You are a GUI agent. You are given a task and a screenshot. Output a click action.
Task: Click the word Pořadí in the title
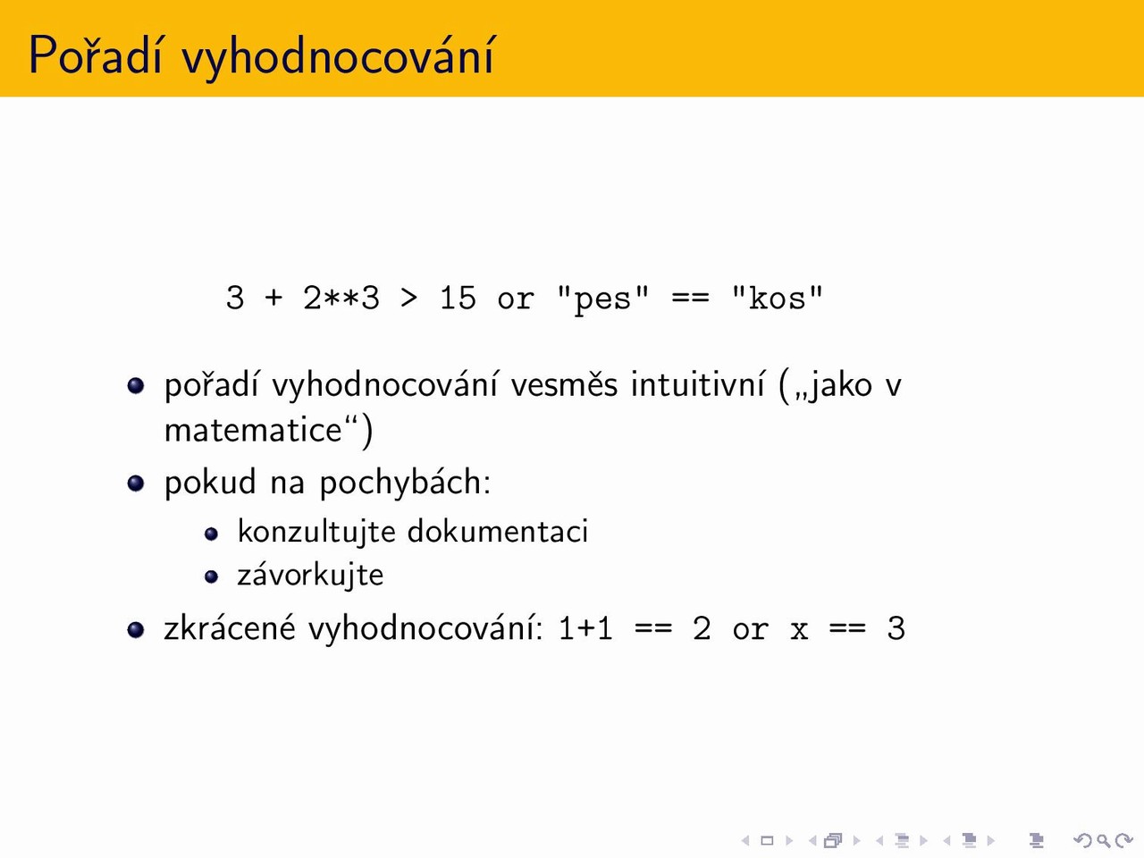click(96, 55)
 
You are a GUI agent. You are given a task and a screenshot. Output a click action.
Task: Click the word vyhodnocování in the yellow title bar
click(338, 58)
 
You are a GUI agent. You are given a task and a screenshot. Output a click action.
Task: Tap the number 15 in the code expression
click(458, 298)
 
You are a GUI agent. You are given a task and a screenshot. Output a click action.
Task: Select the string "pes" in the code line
click(602, 299)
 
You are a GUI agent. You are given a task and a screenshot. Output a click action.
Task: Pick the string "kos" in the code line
click(777, 298)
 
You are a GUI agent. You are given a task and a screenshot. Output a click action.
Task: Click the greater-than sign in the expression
click(409, 299)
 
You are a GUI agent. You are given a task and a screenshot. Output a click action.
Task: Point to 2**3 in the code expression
click(341, 298)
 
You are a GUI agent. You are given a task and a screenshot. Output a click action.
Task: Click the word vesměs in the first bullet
click(564, 385)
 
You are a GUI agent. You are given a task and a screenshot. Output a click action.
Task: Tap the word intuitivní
click(698, 384)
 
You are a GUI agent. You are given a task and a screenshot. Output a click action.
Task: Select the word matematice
click(253, 430)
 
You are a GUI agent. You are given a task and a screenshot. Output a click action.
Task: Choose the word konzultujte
click(316, 532)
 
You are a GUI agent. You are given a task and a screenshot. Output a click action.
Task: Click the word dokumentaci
click(497, 532)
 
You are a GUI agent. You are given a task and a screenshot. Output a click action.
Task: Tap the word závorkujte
click(310, 576)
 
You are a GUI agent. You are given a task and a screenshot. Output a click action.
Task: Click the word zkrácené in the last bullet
click(230, 627)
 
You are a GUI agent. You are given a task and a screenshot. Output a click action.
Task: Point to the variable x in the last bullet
click(799, 630)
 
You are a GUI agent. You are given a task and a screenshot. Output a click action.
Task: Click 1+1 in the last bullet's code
click(585, 628)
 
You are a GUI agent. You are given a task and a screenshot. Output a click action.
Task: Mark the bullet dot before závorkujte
click(211, 576)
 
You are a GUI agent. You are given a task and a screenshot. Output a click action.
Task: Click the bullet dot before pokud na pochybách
click(136, 483)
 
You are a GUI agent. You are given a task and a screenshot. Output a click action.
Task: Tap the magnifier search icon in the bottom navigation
click(1103, 840)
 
